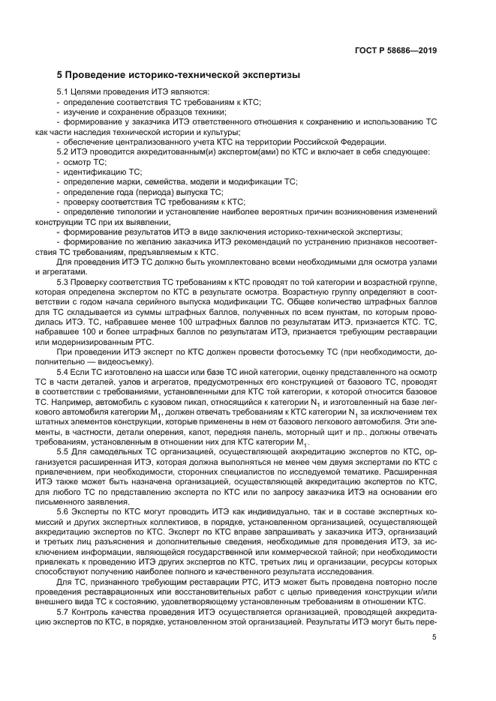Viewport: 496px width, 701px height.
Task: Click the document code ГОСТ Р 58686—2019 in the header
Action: pos(396,51)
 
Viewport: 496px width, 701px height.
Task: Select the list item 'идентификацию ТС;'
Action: pos(98,172)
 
